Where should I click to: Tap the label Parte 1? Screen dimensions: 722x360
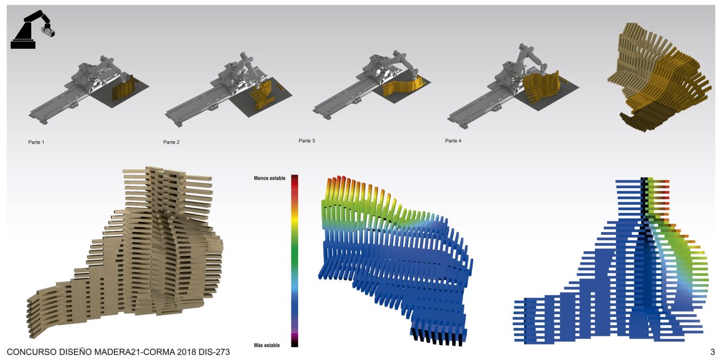(x=37, y=142)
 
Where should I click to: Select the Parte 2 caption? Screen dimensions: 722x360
(x=171, y=142)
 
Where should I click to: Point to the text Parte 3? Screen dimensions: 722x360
(x=307, y=141)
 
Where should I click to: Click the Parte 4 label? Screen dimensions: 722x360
(x=453, y=141)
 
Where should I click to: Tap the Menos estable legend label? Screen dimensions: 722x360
(x=269, y=178)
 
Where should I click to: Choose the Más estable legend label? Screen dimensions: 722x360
(x=267, y=345)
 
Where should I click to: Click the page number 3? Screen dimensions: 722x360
(x=713, y=352)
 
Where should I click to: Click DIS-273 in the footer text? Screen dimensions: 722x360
(x=214, y=352)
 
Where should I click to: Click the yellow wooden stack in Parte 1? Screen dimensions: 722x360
(x=124, y=88)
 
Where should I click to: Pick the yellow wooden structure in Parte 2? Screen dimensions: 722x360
(x=263, y=96)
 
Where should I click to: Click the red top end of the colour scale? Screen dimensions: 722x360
(x=295, y=177)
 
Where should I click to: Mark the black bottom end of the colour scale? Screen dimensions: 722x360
(x=295, y=344)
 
